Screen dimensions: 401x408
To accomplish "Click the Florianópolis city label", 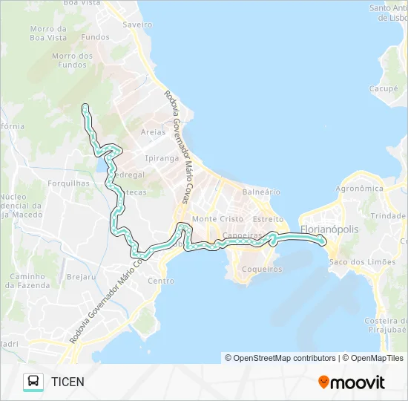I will coord(329,229).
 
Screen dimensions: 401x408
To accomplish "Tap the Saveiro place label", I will coord(138,25).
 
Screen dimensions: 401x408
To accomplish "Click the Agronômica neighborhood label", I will coord(359,189).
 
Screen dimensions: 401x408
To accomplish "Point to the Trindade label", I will coord(388,215).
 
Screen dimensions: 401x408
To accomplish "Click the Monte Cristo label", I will coord(217,219).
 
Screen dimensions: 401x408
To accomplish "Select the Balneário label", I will coord(261,192).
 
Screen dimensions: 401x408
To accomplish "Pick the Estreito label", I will coord(268,219).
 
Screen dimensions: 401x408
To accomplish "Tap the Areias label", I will coord(153,132).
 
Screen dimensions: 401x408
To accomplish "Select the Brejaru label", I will coord(82,276).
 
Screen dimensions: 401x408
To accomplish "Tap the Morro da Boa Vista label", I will coord(48,33).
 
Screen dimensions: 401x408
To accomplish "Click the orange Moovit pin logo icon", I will coord(323,382).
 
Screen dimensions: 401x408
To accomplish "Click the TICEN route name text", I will coord(68,382).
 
